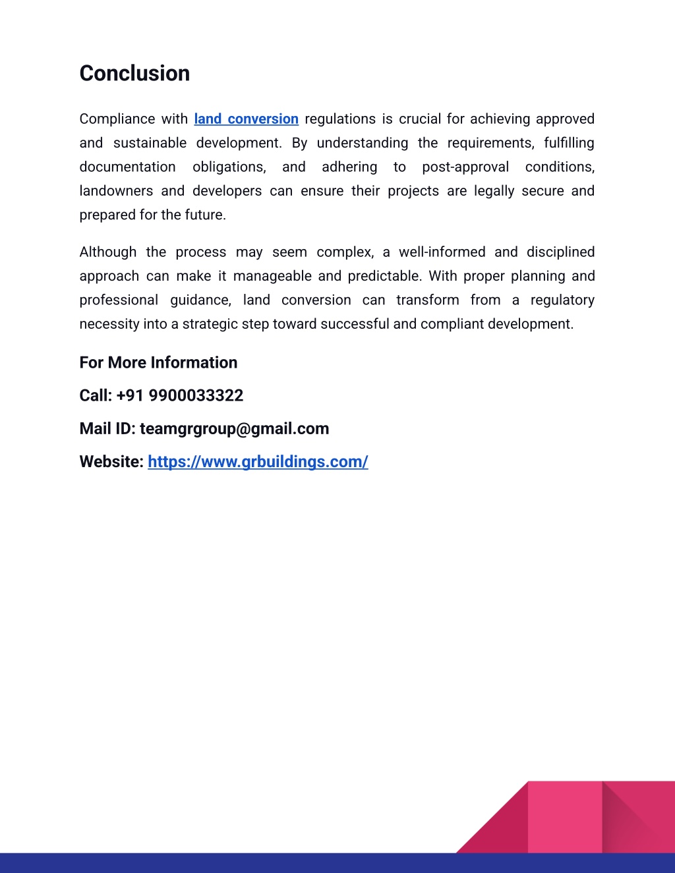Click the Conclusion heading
134,73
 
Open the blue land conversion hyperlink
246,119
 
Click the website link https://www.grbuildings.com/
258,462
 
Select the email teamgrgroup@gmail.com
234,429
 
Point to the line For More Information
158,362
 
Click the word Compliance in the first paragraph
117,119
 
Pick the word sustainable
150,143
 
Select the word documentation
127,167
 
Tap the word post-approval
465,167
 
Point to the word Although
107,252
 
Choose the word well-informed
442,252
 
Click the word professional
119,300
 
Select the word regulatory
562,300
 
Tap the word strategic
211,324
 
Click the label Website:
111,462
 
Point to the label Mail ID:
107,429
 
